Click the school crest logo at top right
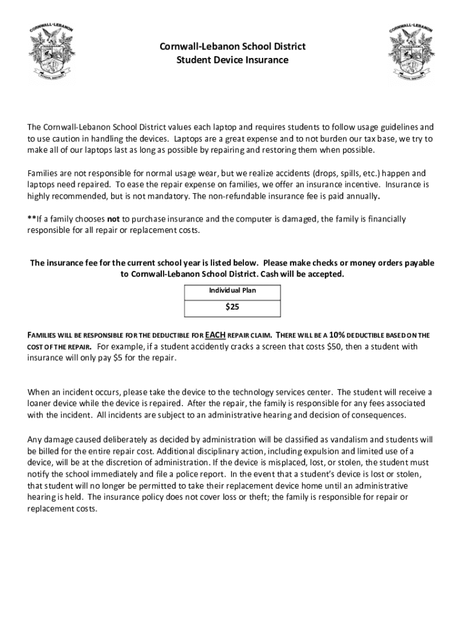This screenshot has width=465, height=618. click(x=411, y=53)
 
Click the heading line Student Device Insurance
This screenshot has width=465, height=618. click(x=232, y=60)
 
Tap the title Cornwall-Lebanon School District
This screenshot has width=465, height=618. click(x=232, y=46)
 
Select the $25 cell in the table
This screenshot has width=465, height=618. click(x=232, y=307)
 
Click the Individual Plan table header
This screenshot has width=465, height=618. click(x=232, y=291)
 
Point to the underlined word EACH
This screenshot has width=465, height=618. click(x=216, y=335)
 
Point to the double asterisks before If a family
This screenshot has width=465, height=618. click(x=31, y=219)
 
